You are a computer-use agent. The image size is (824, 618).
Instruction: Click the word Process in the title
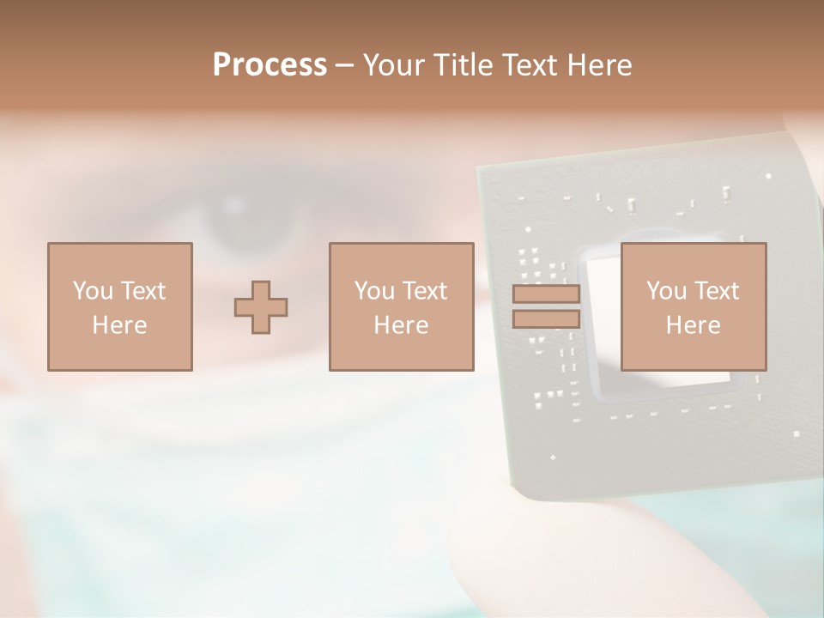pyautogui.click(x=270, y=65)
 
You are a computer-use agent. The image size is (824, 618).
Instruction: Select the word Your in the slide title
pyautogui.click(x=394, y=65)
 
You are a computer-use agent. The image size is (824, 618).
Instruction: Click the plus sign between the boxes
pyautogui.click(x=261, y=306)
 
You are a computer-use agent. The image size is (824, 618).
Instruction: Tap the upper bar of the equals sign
pyautogui.click(x=546, y=294)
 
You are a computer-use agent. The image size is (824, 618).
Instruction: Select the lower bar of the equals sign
pyautogui.click(x=546, y=319)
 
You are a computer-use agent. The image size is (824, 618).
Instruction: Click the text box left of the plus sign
pyautogui.click(x=120, y=306)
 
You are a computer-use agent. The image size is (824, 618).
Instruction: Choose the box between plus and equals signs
pyautogui.click(x=401, y=306)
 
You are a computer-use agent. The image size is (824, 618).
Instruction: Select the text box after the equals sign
pyautogui.click(x=693, y=306)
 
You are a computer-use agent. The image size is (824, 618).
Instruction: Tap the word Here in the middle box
pyautogui.click(x=401, y=325)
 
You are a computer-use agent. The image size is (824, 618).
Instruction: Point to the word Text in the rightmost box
pyautogui.click(x=718, y=291)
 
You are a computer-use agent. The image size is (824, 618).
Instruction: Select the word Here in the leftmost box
pyautogui.click(x=120, y=325)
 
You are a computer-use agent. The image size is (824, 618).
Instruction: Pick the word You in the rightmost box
pyautogui.click(x=666, y=291)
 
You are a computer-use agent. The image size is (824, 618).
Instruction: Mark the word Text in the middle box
pyautogui.click(x=426, y=291)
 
